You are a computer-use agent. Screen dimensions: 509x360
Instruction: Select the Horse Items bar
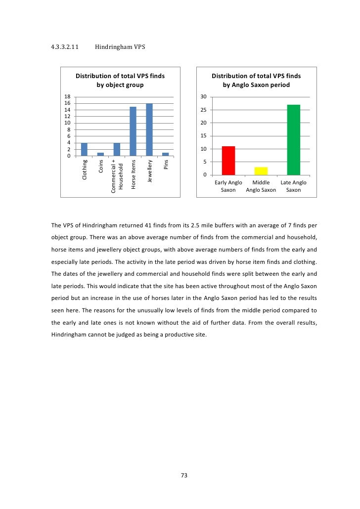[x=133, y=131]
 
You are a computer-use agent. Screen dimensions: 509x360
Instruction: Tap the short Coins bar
[x=100, y=154]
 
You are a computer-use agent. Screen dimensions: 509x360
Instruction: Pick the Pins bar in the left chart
[x=166, y=154]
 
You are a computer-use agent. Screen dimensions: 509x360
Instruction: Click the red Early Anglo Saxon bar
[x=228, y=161]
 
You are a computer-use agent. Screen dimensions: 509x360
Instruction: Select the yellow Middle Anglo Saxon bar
[x=261, y=171]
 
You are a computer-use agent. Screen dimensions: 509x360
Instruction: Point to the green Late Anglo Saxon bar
[x=294, y=140]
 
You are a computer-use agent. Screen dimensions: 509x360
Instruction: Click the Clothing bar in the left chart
[x=84, y=149]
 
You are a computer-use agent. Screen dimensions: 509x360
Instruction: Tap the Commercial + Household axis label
[x=117, y=176]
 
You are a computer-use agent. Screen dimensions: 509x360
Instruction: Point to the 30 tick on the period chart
[x=203, y=97]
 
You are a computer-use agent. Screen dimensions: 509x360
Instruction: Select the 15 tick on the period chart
[x=203, y=136]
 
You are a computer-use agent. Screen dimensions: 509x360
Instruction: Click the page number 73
[x=184, y=475]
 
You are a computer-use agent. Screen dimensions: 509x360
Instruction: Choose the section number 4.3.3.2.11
[x=65, y=47]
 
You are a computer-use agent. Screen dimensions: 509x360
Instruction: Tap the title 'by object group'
[x=120, y=85]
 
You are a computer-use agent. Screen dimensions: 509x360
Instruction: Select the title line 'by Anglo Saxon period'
[x=256, y=85]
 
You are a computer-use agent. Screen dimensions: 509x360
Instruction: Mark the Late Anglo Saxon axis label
[x=293, y=186]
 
